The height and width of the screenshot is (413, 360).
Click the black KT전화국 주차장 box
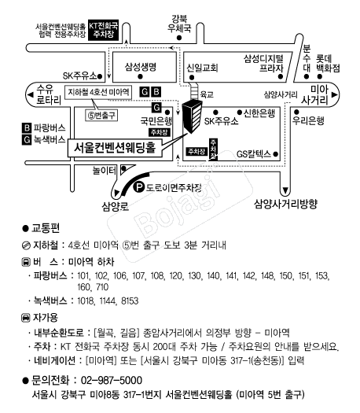[x=103, y=30]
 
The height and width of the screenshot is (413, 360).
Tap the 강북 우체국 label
[x=179, y=24]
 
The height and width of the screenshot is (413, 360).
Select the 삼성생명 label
[x=141, y=67]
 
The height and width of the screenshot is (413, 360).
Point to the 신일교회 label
[x=202, y=68]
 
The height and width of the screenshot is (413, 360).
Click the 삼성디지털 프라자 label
[x=263, y=63]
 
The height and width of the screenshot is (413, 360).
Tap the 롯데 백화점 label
[x=328, y=63]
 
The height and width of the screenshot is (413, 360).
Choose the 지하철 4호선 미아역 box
[x=98, y=92]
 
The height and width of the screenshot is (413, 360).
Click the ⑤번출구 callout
[x=101, y=116]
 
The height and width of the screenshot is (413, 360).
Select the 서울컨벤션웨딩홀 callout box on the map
[x=115, y=148]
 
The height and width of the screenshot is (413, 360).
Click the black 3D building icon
[x=193, y=116]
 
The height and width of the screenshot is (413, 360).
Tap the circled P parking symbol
[x=138, y=188]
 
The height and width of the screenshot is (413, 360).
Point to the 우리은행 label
[x=308, y=120]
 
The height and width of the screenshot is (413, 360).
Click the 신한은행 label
[x=259, y=113]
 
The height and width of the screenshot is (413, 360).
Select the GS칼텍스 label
[x=254, y=154]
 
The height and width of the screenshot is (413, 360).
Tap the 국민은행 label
[x=156, y=121]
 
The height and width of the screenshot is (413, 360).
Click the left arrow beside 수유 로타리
[x=31, y=95]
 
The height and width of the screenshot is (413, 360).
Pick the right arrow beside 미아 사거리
[x=334, y=95]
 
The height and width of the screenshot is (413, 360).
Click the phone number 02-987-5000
[x=112, y=380]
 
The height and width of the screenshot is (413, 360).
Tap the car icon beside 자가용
[x=25, y=318]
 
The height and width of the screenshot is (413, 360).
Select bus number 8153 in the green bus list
[x=130, y=301]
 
